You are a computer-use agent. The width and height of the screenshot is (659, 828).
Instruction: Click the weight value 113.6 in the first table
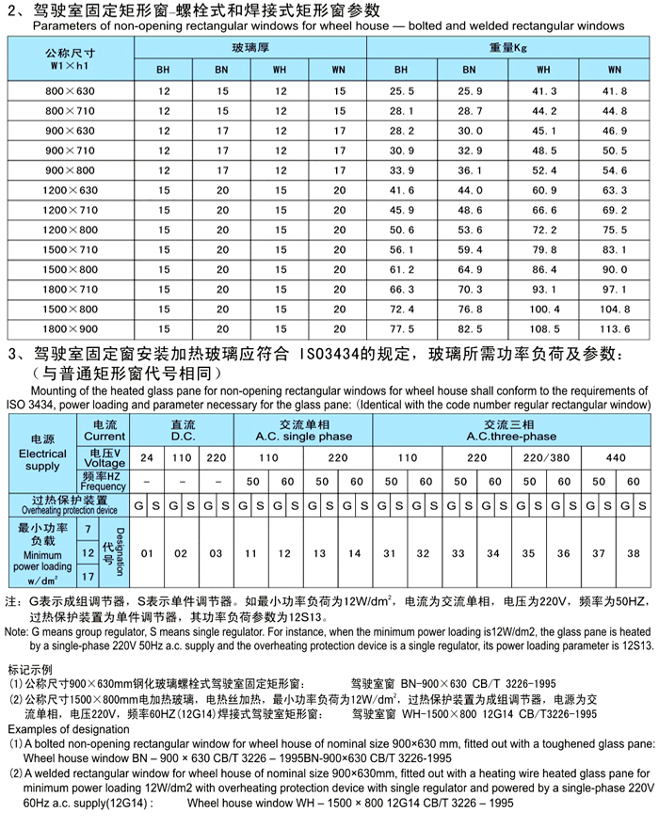point(614,329)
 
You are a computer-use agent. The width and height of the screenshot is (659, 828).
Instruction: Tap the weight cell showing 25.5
point(402,90)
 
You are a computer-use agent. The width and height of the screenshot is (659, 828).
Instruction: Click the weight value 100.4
point(544,310)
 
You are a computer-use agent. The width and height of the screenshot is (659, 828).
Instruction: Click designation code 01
point(147,553)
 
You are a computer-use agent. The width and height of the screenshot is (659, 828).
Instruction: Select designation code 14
point(355,553)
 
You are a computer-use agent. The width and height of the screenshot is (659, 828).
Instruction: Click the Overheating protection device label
point(66,505)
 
